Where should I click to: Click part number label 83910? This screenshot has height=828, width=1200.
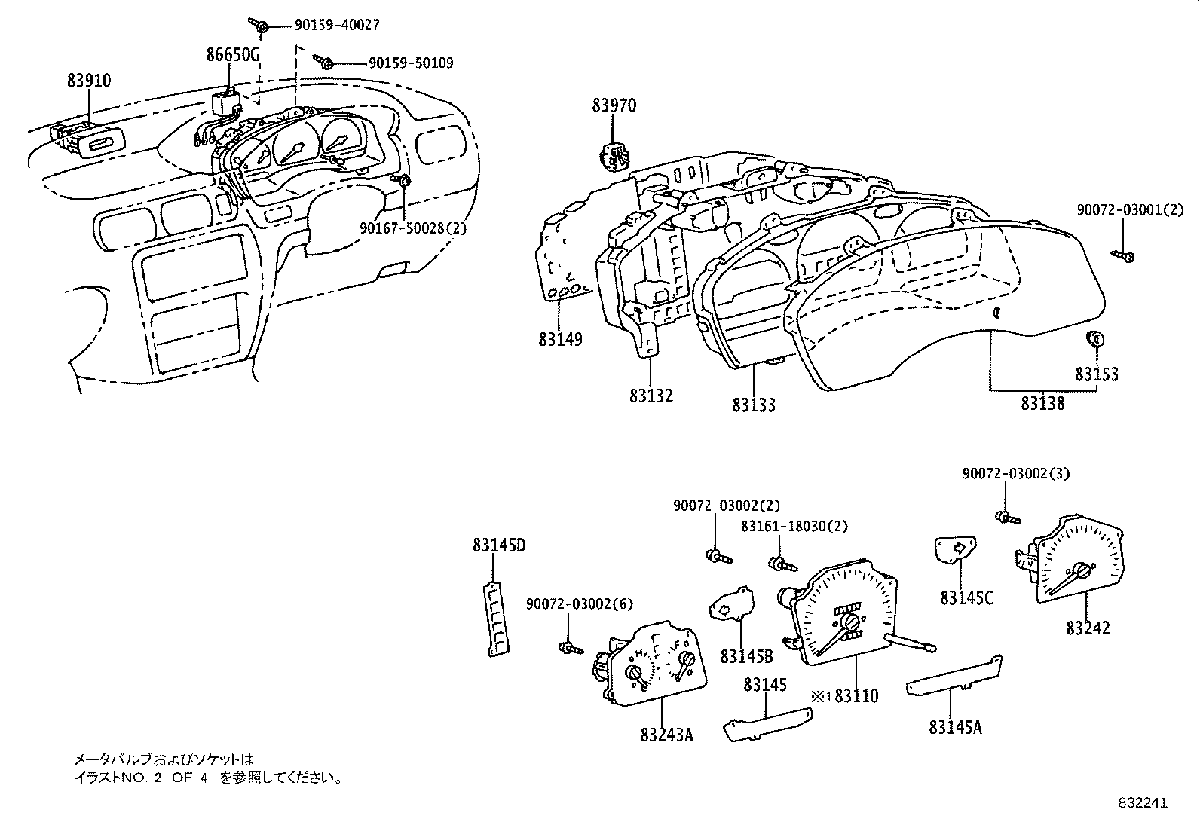click(x=89, y=81)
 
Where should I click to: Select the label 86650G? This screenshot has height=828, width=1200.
click(x=234, y=54)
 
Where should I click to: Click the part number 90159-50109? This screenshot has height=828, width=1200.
click(x=411, y=63)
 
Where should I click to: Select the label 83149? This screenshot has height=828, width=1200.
click(x=560, y=340)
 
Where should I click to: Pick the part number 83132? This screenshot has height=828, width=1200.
click(x=651, y=396)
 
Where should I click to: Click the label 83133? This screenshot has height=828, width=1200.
click(x=753, y=405)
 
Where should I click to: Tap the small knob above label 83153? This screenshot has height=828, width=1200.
click(x=1095, y=339)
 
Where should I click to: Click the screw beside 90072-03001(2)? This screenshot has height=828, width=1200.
click(x=1123, y=258)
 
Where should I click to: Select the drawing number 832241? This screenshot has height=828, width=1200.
click(x=1142, y=803)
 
